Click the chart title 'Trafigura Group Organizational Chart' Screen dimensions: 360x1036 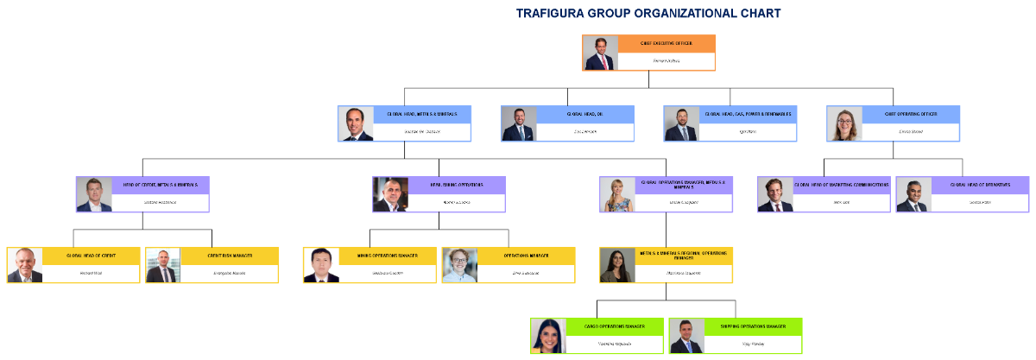647,13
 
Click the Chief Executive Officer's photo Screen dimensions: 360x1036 601,53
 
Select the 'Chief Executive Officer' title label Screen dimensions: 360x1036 666,43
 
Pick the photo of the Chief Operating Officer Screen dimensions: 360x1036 844,123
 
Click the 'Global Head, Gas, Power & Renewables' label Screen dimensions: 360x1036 748,114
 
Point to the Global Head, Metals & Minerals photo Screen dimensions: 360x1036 357,123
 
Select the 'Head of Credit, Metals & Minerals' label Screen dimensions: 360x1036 161,185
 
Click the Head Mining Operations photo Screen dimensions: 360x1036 390,194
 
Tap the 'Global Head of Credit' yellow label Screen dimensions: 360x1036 91,256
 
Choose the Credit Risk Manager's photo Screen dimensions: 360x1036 163,265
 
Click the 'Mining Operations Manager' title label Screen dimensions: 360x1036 388,256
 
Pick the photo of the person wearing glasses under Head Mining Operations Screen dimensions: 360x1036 459,265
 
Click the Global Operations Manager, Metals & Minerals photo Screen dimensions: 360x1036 617,194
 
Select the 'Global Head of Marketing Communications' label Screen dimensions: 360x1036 842,185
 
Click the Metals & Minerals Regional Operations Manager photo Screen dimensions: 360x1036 617,265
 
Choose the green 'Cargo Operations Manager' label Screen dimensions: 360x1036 615,326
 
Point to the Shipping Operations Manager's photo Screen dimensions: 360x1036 686,336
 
